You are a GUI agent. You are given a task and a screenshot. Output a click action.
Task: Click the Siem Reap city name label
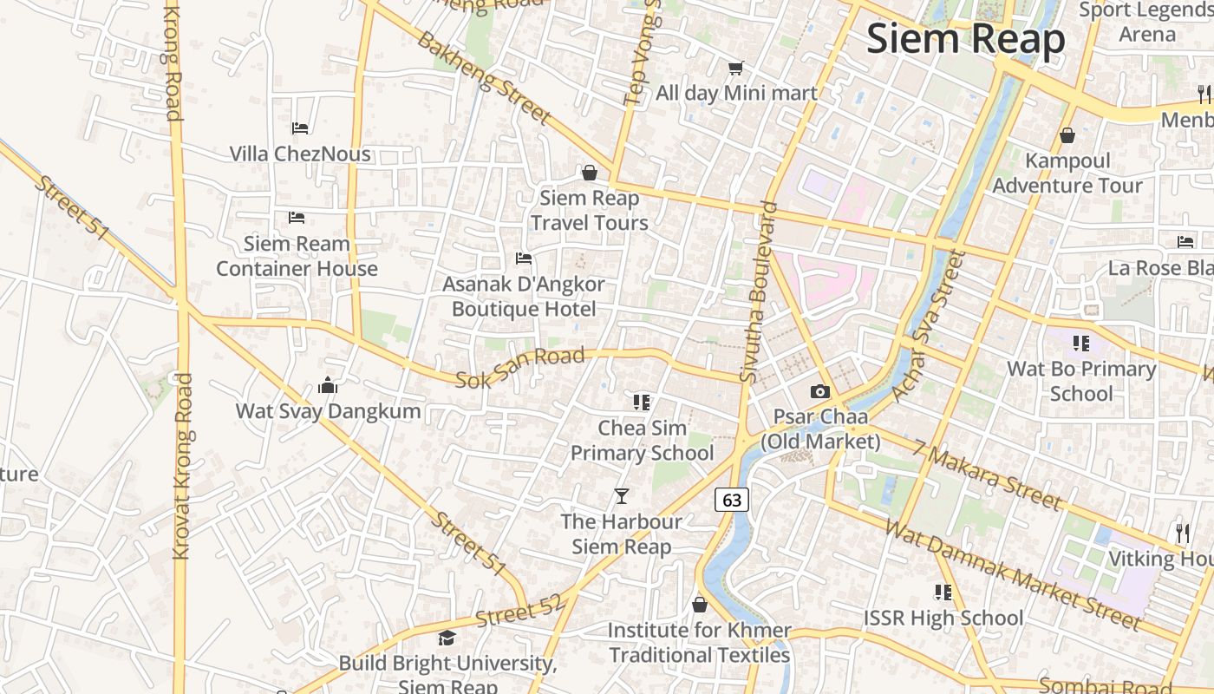pos(965,40)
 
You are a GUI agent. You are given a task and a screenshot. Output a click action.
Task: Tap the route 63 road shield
pos(732,500)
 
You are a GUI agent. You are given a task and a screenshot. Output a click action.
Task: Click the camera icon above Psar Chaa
pos(819,392)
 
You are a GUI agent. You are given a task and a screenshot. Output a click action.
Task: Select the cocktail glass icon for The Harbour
pos(621,496)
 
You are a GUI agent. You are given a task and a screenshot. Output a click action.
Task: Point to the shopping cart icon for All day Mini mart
pos(735,68)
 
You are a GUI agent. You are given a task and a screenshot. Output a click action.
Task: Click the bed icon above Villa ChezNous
pos(300,128)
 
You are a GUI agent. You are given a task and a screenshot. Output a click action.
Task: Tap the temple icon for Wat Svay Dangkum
pos(328,385)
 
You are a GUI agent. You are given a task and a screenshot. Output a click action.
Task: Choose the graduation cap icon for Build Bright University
pos(447,638)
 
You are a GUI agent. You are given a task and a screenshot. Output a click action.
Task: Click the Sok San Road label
pos(520,368)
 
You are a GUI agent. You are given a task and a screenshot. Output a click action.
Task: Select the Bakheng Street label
pos(483,77)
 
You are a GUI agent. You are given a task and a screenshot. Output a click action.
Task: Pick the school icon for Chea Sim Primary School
pos(642,402)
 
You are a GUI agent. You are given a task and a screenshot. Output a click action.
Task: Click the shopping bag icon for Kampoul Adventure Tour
pos(1067,135)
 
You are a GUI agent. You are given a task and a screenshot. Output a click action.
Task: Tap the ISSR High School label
pos(943,618)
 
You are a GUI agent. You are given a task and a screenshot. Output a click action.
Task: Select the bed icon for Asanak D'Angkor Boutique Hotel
pos(523,259)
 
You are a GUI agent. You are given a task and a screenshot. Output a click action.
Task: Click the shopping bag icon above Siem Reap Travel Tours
pos(590,173)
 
